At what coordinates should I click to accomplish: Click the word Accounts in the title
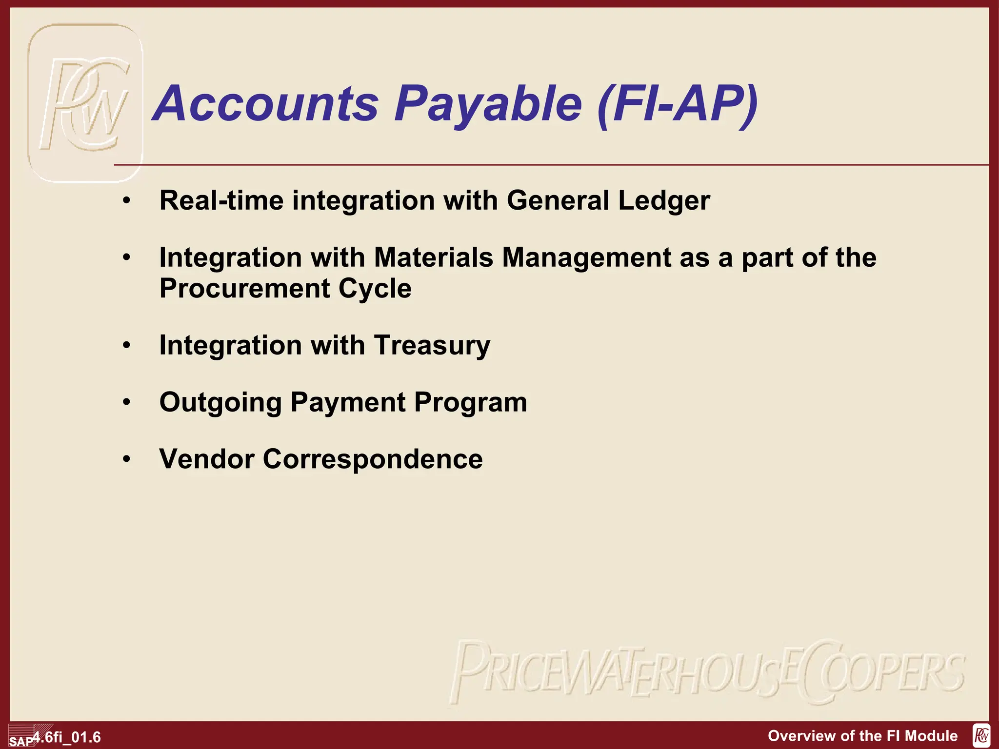pyautogui.click(x=266, y=103)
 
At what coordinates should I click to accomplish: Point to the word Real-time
pyautogui.click(x=221, y=200)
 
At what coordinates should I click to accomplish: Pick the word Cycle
pyautogui.click(x=375, y=288)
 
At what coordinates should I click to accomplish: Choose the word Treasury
pyautogui.click(x=432, y=345)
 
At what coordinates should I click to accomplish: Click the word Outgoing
pyautogui.click(x=220, y=402)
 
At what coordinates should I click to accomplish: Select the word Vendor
pyautogui.click(x=207, y=459)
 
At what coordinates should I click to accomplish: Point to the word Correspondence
pyautogui.click(x=373, y=459)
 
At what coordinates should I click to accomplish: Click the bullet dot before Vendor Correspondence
pyautogui.click(x=127, y=459)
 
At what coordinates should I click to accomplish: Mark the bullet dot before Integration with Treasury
pyautogui.click(x=127, y=345)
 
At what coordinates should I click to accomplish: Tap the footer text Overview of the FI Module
pyautogui.click(x=862, y=736)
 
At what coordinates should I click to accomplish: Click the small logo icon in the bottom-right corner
pyautogui.click(x=981, y=735)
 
